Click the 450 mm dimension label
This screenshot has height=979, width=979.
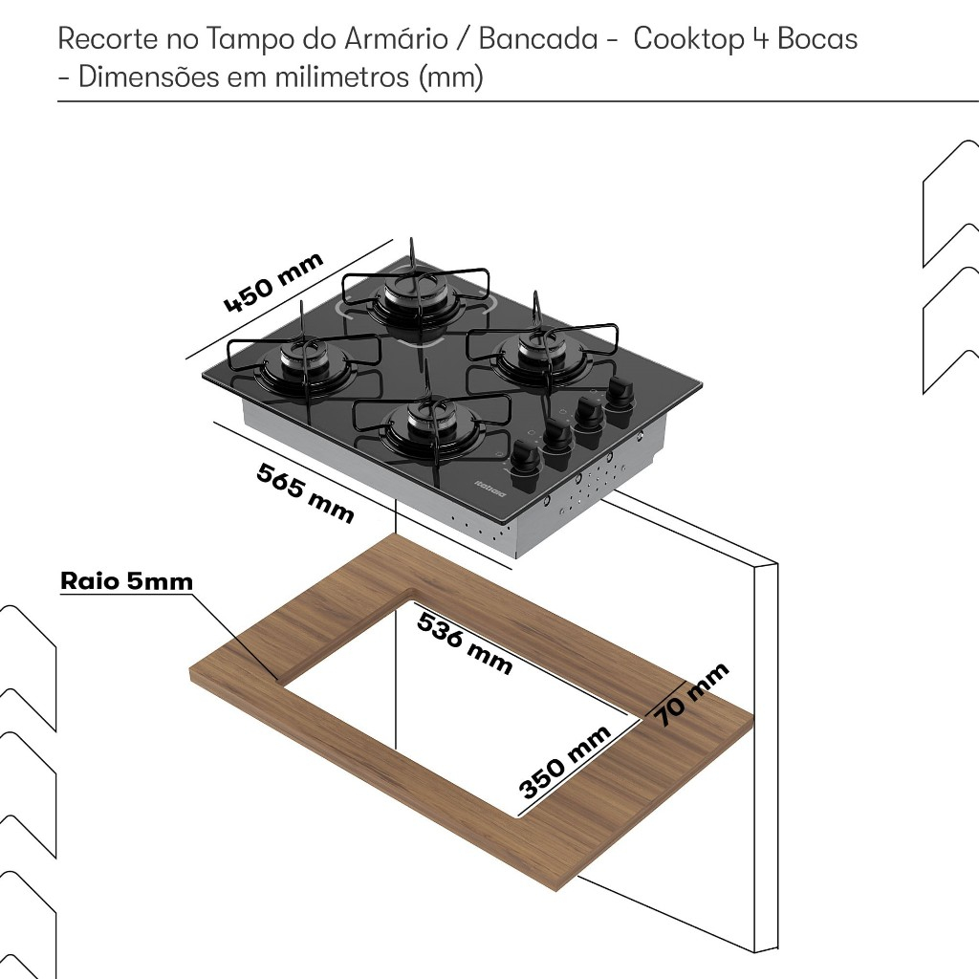[x=273, y=283]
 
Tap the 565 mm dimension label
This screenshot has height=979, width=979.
[x=305, y=492]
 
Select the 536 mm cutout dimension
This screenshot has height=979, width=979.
[x=465, y=642]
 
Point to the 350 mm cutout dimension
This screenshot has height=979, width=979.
[x=565, y=762]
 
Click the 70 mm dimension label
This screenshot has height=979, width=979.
[x=692, y=694]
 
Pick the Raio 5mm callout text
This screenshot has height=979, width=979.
[x=126, y=581]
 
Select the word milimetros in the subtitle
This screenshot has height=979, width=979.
[x=343, y=77]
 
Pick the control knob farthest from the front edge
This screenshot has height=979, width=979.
[x=620, y=394]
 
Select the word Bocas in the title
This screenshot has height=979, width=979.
[x=818, y=40]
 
